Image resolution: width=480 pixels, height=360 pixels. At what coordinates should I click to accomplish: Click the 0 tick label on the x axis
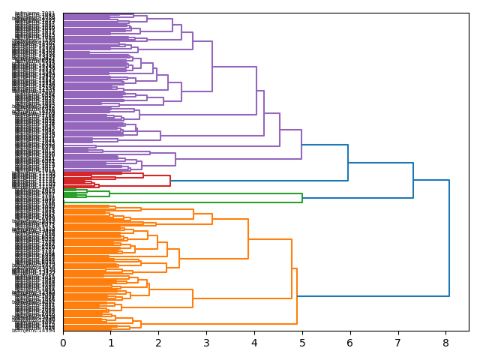(63, 343)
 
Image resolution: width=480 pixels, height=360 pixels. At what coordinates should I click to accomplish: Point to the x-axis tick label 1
(111, 343)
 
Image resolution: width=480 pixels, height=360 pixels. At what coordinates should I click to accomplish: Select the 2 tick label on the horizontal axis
(158, 343)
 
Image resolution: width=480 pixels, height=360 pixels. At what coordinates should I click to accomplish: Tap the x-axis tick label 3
(206, 343)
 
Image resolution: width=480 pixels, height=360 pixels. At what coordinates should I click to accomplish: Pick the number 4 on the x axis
(254, 343)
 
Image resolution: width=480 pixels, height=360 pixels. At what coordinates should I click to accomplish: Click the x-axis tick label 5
(302, 343)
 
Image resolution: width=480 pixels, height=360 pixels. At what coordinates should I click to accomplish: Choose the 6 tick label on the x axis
(349, 343)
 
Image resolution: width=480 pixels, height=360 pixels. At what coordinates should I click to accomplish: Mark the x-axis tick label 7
(397, 343)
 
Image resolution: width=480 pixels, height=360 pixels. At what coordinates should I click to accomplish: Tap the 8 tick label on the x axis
(445, 343)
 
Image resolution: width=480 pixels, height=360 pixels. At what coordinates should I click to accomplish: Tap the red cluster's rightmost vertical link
(170, 181)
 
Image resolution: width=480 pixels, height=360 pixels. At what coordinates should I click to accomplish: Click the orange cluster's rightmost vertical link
(297, 296)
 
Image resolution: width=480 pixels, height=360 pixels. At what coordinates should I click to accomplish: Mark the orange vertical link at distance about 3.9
(248, 239)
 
